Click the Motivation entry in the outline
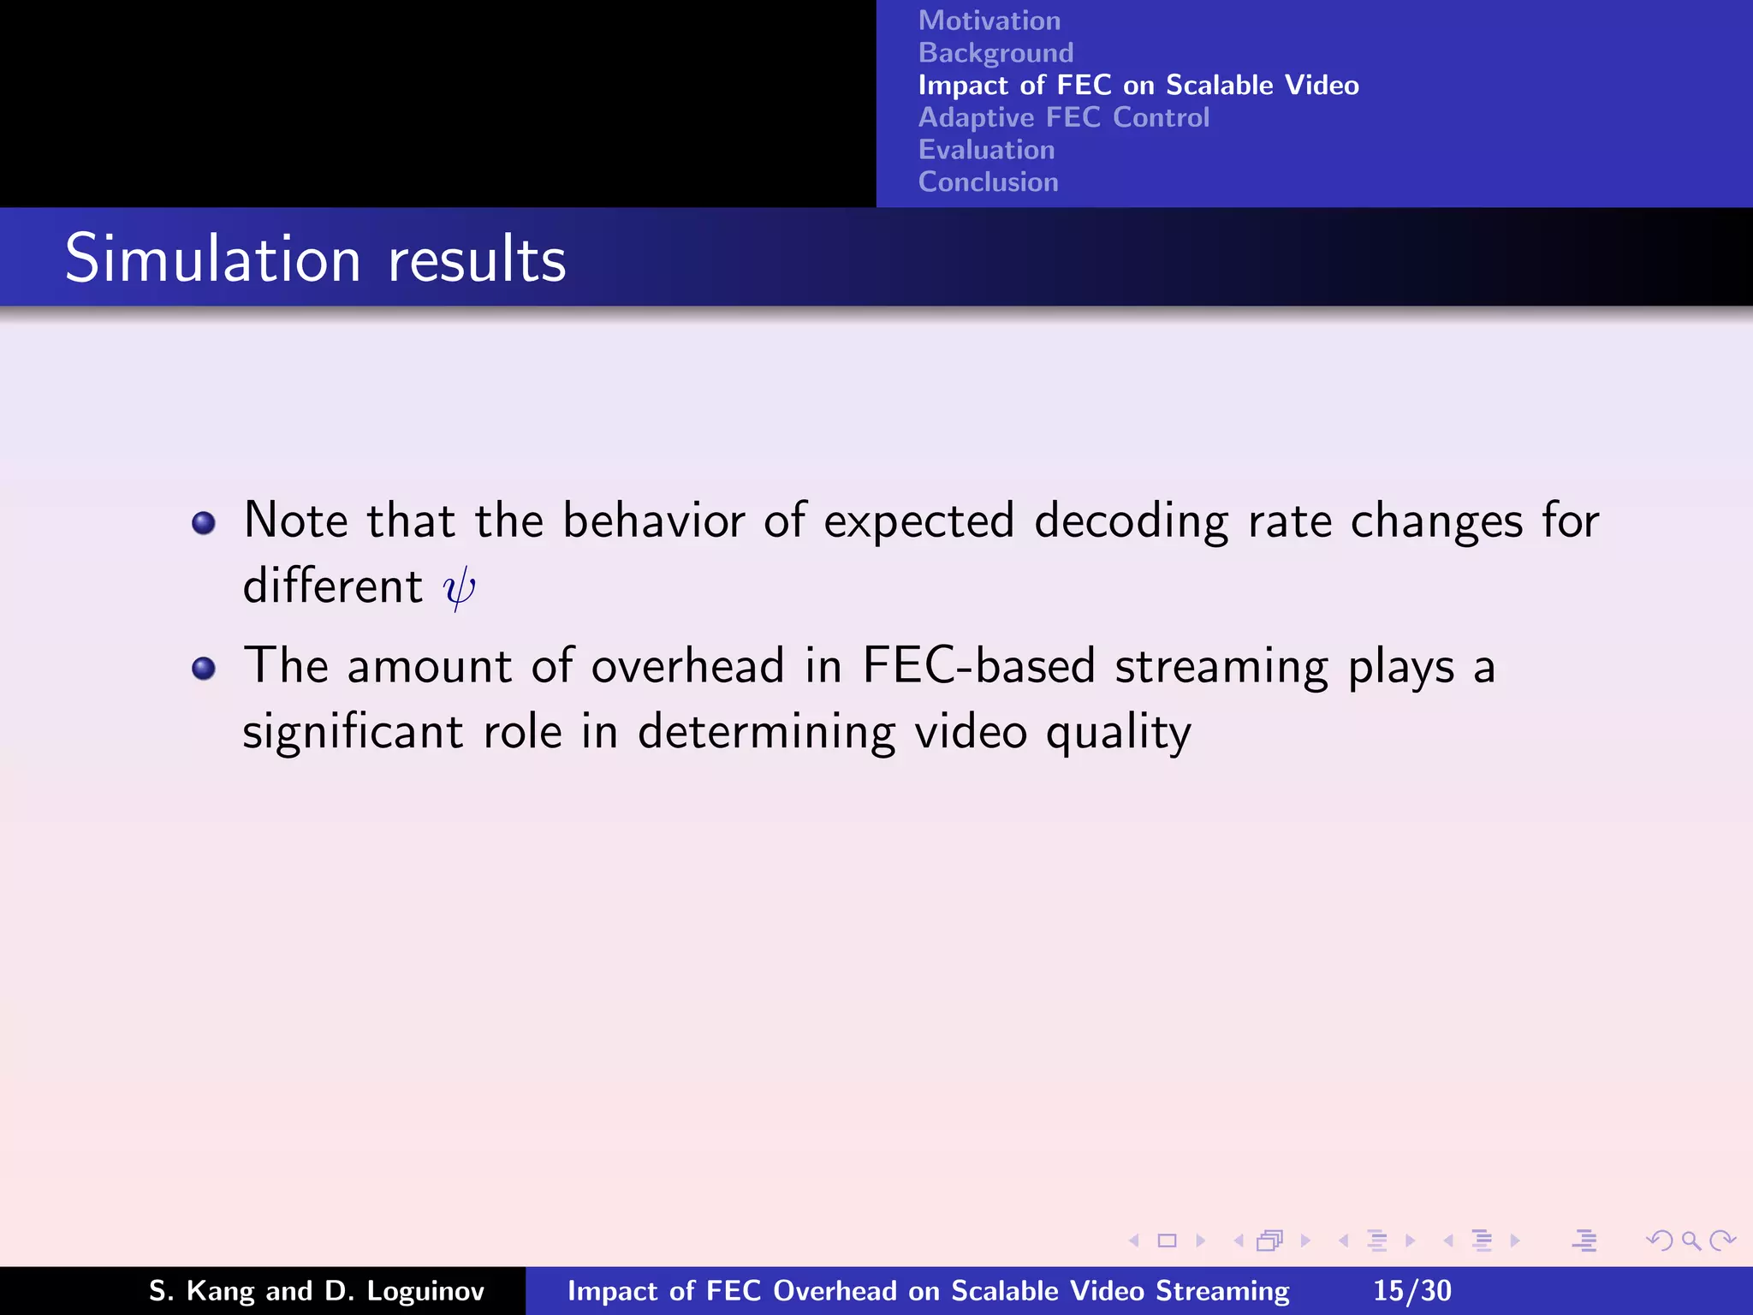[989, 21]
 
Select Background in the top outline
[995, 53]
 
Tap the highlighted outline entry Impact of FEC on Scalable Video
[1138, 86]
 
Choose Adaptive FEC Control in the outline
[1063, 117]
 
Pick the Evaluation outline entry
[986, 150]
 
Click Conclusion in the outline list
[988, 182]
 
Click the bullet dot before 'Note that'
[204, 523]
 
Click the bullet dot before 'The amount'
[204, 668]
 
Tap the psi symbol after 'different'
[459, 588]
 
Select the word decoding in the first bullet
[1131, 521]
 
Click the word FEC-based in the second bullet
[978, 666]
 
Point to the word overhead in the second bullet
[687, 666]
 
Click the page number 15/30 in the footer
[1411, 1291]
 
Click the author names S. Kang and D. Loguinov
[317, 1291]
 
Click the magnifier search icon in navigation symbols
[1691, 1241]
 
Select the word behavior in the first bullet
[653, 521]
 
